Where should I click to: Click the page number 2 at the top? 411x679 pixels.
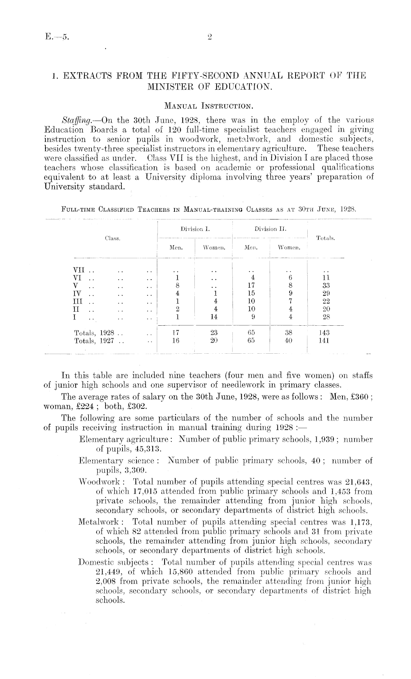coord(209,37)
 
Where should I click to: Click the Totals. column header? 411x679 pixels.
coord(325,239)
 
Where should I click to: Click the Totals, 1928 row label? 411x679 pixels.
coord(96,333)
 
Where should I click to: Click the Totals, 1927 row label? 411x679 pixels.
coord(96,341)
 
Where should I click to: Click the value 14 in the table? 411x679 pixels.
coord(214,317)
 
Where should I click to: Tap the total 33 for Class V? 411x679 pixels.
coord(326,285)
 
